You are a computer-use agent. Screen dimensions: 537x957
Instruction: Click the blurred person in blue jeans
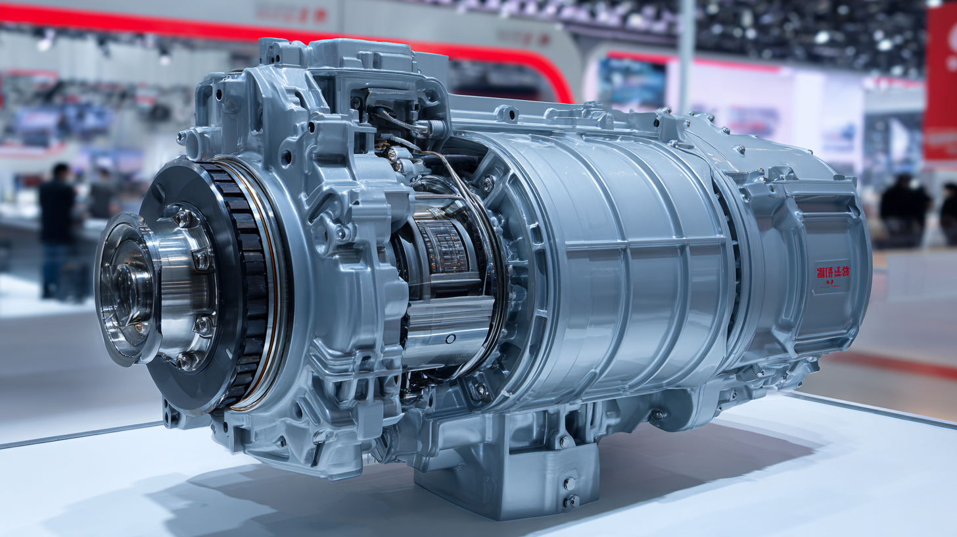click(58, 230)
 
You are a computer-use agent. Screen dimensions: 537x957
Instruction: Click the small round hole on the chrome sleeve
click(450, 339)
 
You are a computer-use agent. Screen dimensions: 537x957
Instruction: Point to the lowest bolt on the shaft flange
click(185, 360)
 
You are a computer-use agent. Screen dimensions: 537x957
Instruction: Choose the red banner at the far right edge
click(941, 86)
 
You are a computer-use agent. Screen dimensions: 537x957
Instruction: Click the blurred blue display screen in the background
click(631, 82)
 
